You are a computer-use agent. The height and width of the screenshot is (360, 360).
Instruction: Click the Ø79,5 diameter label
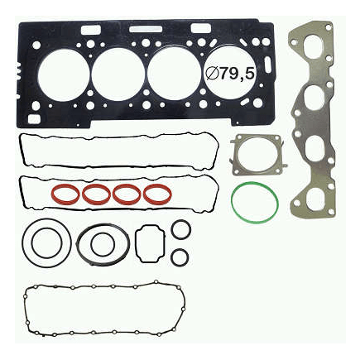(229, 74)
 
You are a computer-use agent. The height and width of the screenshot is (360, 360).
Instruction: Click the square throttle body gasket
(234, 155)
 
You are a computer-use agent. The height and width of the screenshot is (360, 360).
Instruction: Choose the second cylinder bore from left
(118, 74)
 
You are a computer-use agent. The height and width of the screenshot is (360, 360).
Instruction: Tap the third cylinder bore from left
(174, 74)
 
